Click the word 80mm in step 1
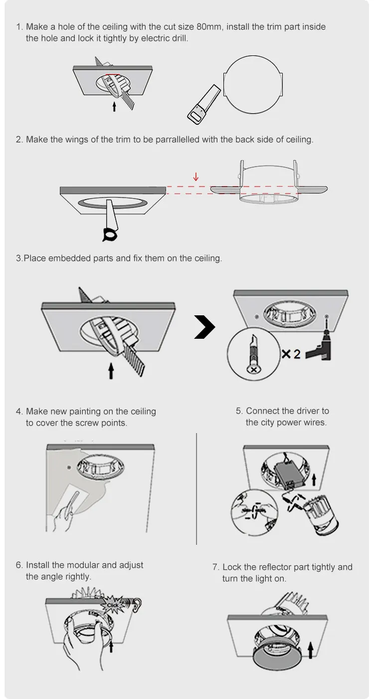click(x=209, y=27)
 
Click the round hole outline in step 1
click(x=253, y=85)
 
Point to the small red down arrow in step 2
click(x=196, y=177)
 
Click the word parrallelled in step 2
click(x=178, y=140)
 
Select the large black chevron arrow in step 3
click(x=204, y=327)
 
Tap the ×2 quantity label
click(x=291, y=354)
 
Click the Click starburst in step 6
click(x=112, y=605)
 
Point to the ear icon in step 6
click(x=137, y=605)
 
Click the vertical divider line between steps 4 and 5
click(x=196, y=488)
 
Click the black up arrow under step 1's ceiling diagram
click(x=114, y=106)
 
